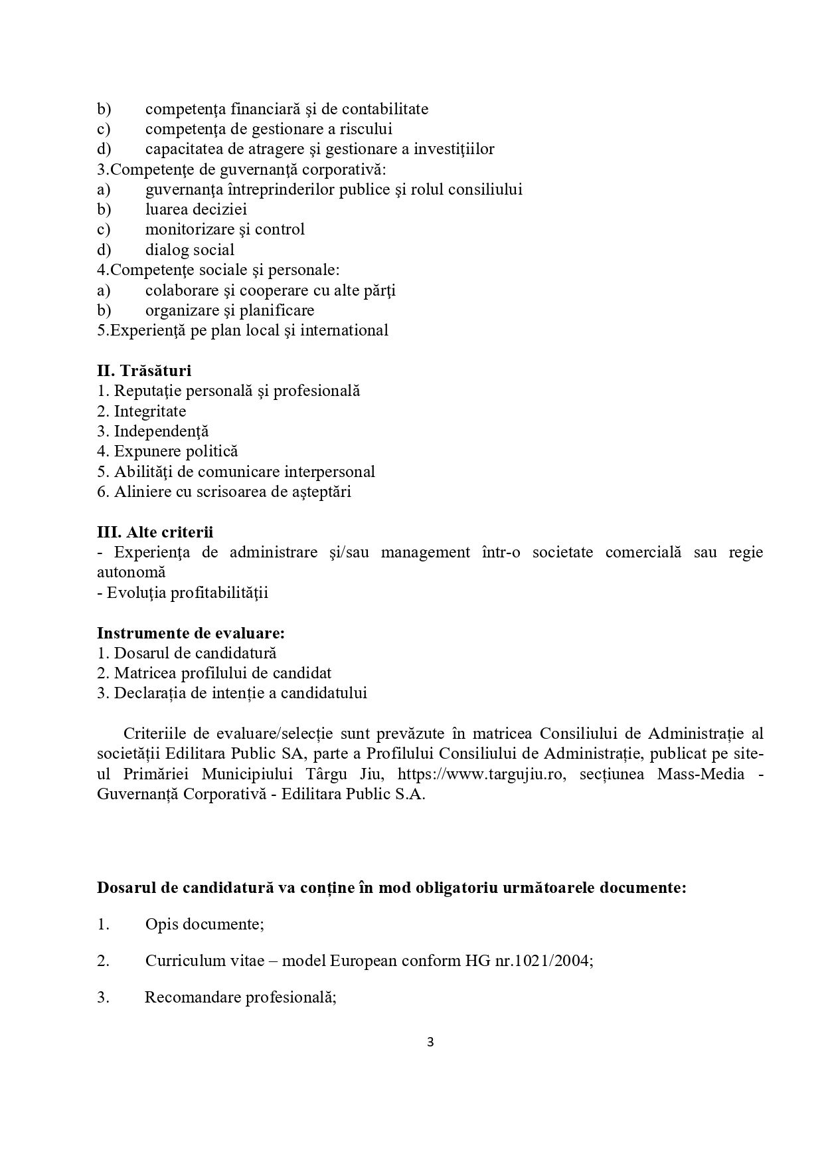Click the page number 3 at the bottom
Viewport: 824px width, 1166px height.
(430, 1042)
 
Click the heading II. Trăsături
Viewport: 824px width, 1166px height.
(144, 371)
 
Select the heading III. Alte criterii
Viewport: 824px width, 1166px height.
(155, 532)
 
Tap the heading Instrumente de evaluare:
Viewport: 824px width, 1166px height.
(191, 633)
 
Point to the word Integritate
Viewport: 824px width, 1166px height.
(150, 411)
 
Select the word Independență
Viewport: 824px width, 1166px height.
(161, 431)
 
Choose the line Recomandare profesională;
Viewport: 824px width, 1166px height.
(240, 998)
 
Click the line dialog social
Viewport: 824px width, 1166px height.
(190, 250)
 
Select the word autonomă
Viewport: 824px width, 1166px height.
(131, 572)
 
